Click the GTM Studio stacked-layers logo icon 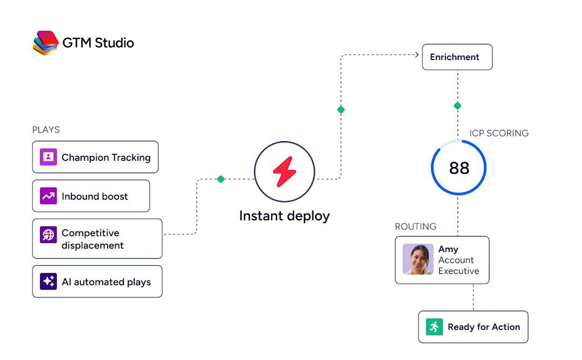click(45, 43)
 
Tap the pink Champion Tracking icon click(48, 157)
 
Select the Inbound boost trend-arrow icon click(48, 196)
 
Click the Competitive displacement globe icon click(48, 235)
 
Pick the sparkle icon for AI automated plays click(48, 282)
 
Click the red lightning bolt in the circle click(285, 172)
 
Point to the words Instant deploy click(285, 216)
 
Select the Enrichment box click(457, 57)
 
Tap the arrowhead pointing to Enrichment click(417, 55)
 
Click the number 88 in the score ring click(459, 168)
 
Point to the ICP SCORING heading click(499, 133)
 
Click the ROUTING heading click(416, 226)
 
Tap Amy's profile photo click(418, 259)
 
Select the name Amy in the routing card click(448, 249)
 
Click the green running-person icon click(434, 327)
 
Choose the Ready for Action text click(484, 327)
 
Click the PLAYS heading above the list click(46, 130)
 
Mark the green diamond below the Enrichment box click(458, 106)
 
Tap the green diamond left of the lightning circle click(221, 179)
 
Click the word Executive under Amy click(459, 271)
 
